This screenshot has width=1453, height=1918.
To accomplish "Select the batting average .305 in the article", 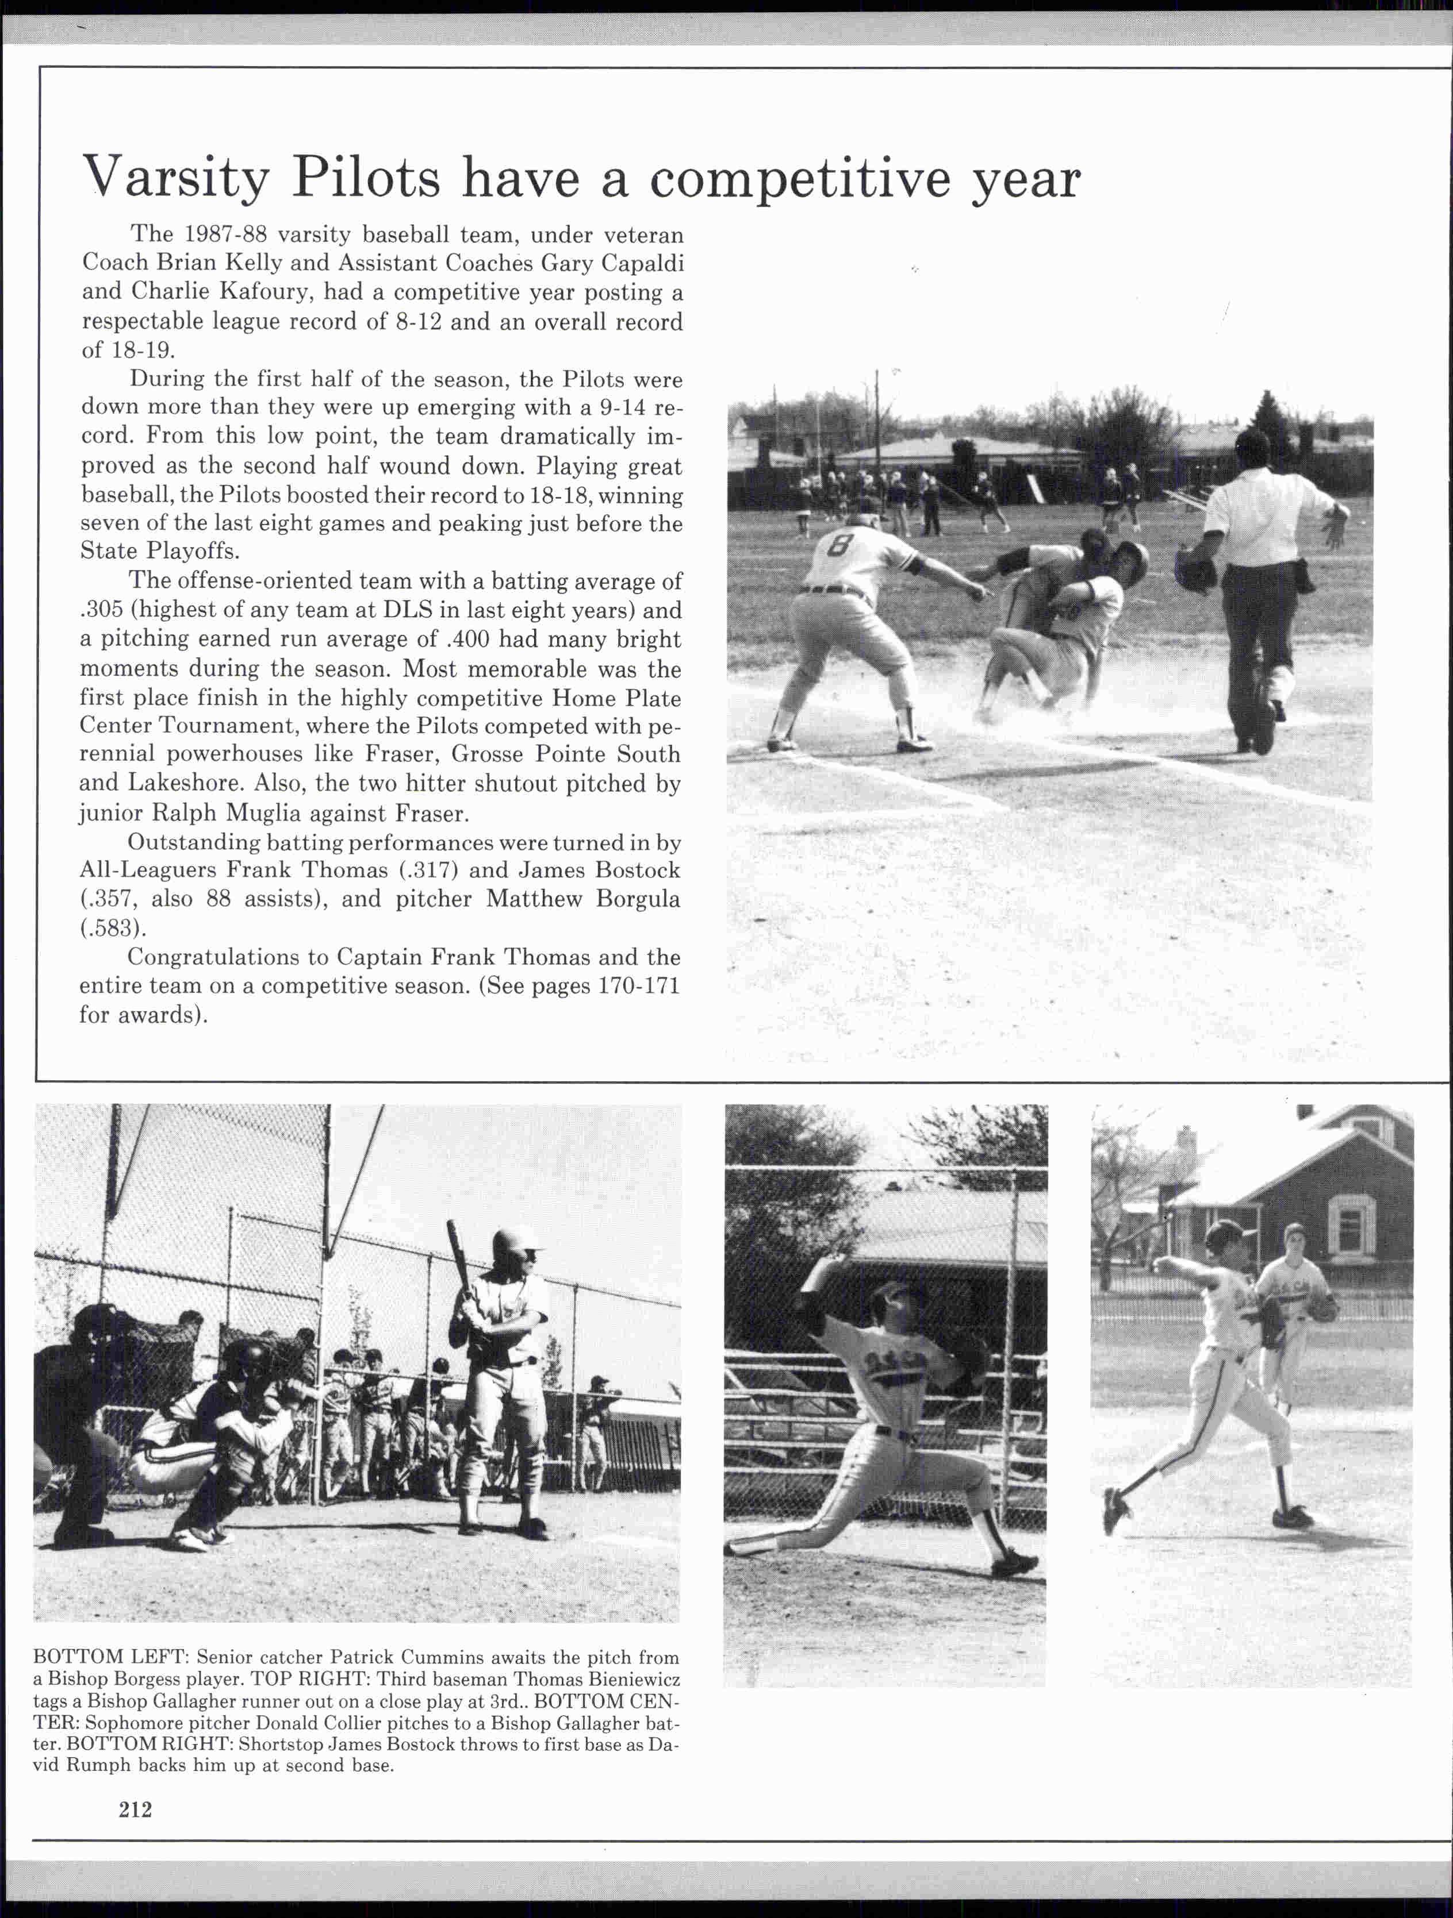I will click(x=102, y=610).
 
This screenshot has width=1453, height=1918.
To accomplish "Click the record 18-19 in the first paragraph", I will click(x=140, y=351).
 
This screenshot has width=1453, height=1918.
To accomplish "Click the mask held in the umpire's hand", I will click(x=1195, y=569).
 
